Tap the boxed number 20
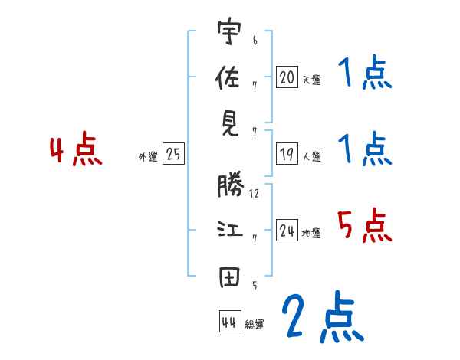click(287, 77)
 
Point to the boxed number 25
click(173, 155)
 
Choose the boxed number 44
click(228, 322)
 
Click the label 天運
click(311, 80)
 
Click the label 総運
click(255, 325)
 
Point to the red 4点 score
click(75, 151)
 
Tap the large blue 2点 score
click(322, 318)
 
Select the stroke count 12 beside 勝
click(254, 194)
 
